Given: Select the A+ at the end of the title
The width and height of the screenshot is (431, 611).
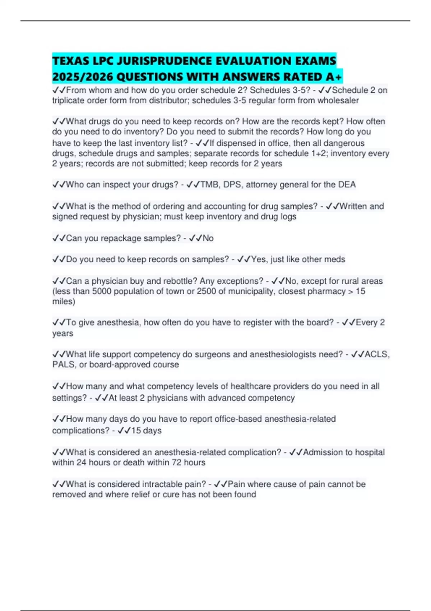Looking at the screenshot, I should point(335,77).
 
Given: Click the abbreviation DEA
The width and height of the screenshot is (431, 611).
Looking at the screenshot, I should point(347,185).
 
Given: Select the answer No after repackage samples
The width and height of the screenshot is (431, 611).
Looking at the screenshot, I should point(208,238).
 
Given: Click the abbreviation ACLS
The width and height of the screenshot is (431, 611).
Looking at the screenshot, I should point(376,354).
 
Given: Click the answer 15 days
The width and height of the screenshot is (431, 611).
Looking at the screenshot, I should point(146,431).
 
